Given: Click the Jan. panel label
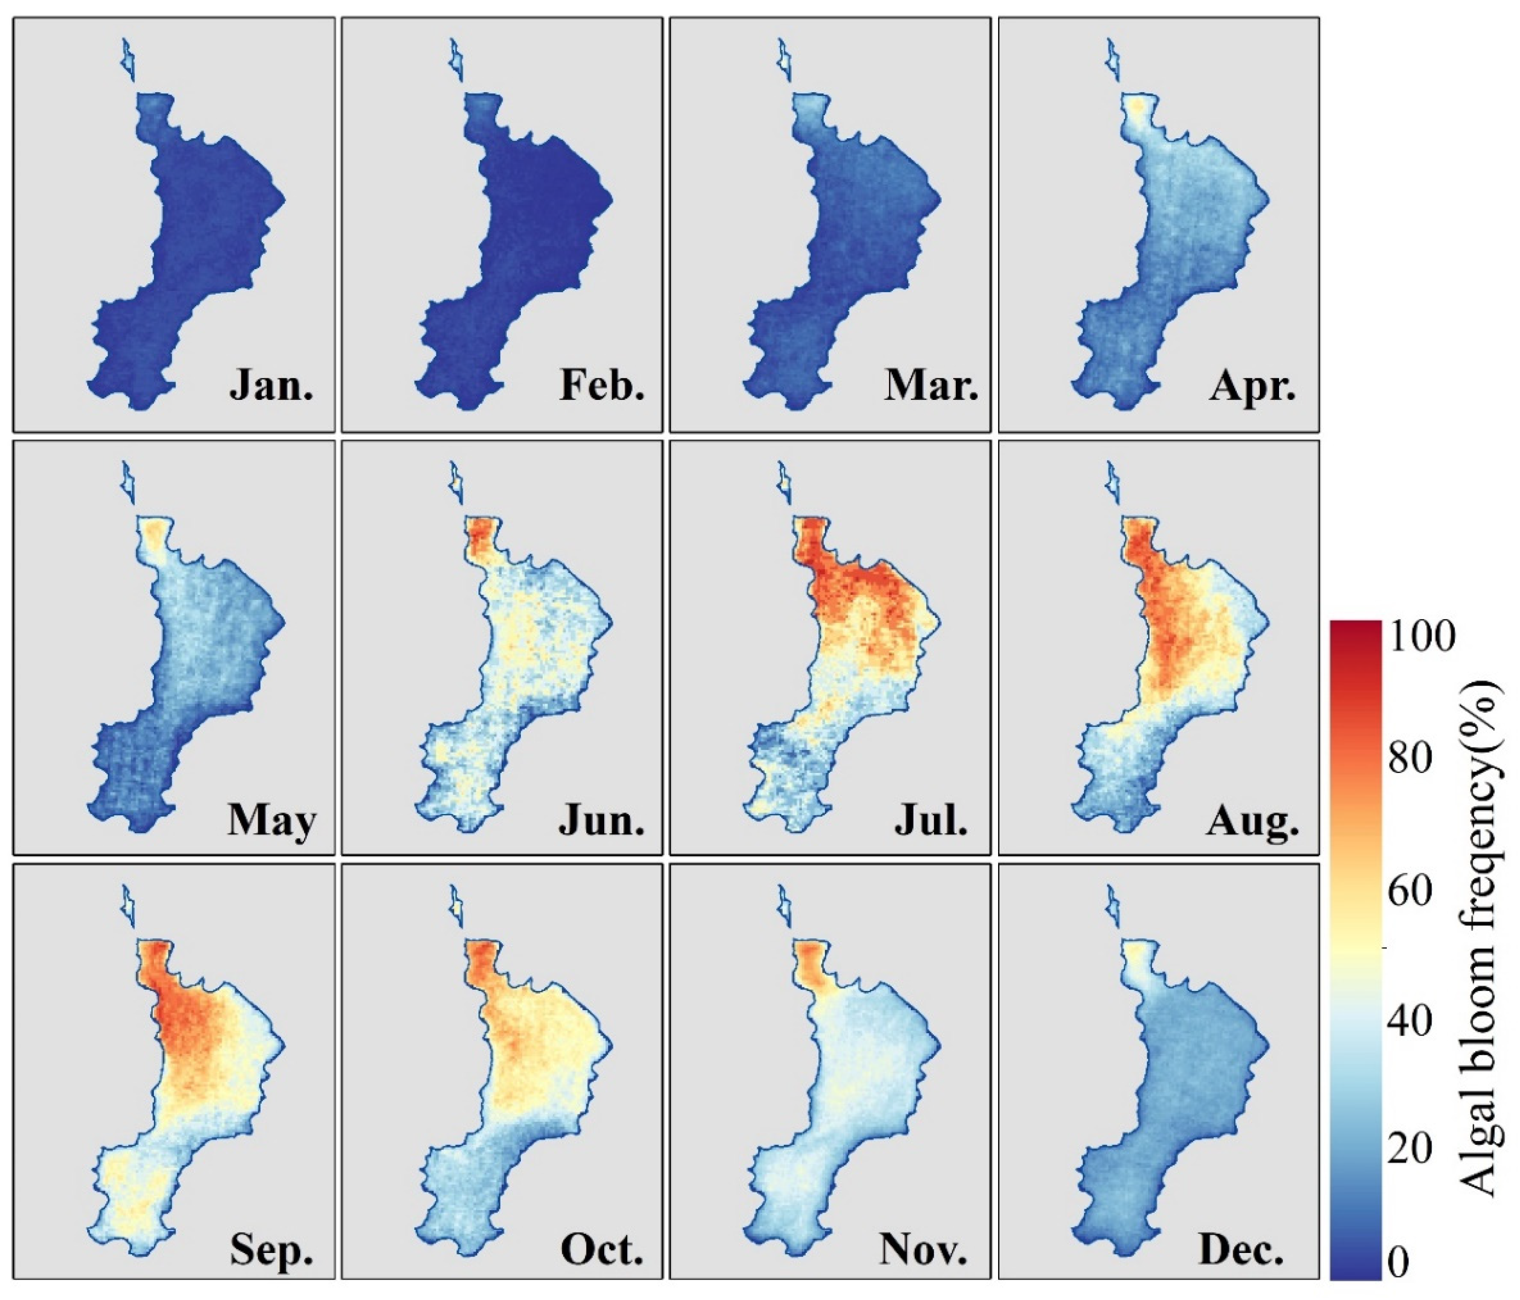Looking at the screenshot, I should [272, 384].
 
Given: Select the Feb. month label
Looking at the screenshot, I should [601, 384].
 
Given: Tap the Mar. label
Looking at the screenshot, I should [931, 384].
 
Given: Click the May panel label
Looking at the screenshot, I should [272, 820].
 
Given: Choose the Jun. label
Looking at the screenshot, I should [601, 820].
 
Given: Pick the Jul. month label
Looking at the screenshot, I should [931, 820].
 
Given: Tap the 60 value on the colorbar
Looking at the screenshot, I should [1410, 890].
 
